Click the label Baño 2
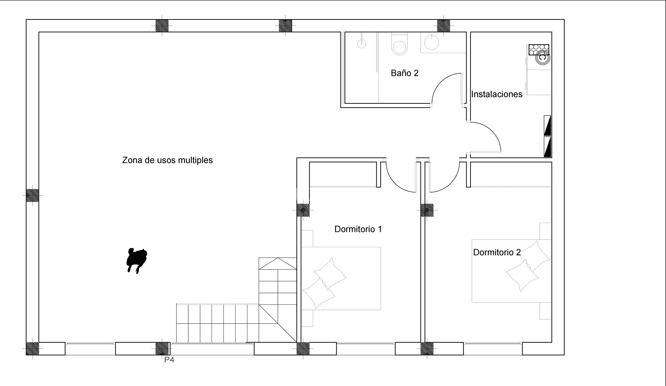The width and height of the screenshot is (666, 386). pos(404,73)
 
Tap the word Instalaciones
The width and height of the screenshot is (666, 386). pos(497,94)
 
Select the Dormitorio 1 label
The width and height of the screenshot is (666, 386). pos(358,229)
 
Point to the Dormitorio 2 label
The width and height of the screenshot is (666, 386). pos(497,252)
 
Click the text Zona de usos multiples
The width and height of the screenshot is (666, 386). pos(167,160)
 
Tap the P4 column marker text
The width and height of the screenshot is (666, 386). pos(169,360)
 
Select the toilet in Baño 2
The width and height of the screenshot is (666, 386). pos(400,44)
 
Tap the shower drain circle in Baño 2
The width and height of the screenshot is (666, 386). pos(362,44)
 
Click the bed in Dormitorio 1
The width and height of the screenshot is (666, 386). pos(341,279)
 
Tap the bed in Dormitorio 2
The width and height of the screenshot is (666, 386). pos(512,271)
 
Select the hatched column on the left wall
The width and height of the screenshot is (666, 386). pos(32,195)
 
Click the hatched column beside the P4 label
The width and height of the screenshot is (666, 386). pos(162,348)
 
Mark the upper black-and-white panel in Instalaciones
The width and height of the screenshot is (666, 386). pos(547,125)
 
